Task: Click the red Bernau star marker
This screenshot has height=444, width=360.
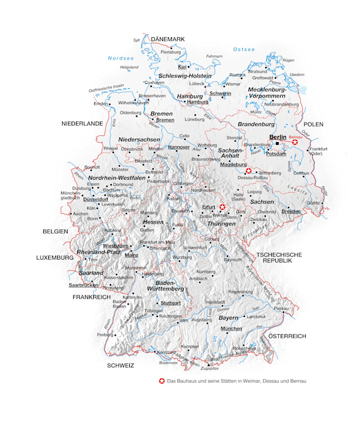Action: coord(295,143)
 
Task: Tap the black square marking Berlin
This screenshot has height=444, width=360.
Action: coord(277,144)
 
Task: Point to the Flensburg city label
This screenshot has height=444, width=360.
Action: coord(170,52)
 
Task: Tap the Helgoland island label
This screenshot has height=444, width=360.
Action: coord(129,67)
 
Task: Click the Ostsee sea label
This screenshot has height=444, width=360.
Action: coord(244,49)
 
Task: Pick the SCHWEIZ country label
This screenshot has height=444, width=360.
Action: coord(121,366)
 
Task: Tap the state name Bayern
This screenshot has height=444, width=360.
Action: coord(227,318)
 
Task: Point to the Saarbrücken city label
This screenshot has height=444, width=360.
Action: coord(83,285)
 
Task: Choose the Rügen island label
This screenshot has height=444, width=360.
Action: coord(288,60)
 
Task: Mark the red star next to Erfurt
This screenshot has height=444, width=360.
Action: coord(222,206)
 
